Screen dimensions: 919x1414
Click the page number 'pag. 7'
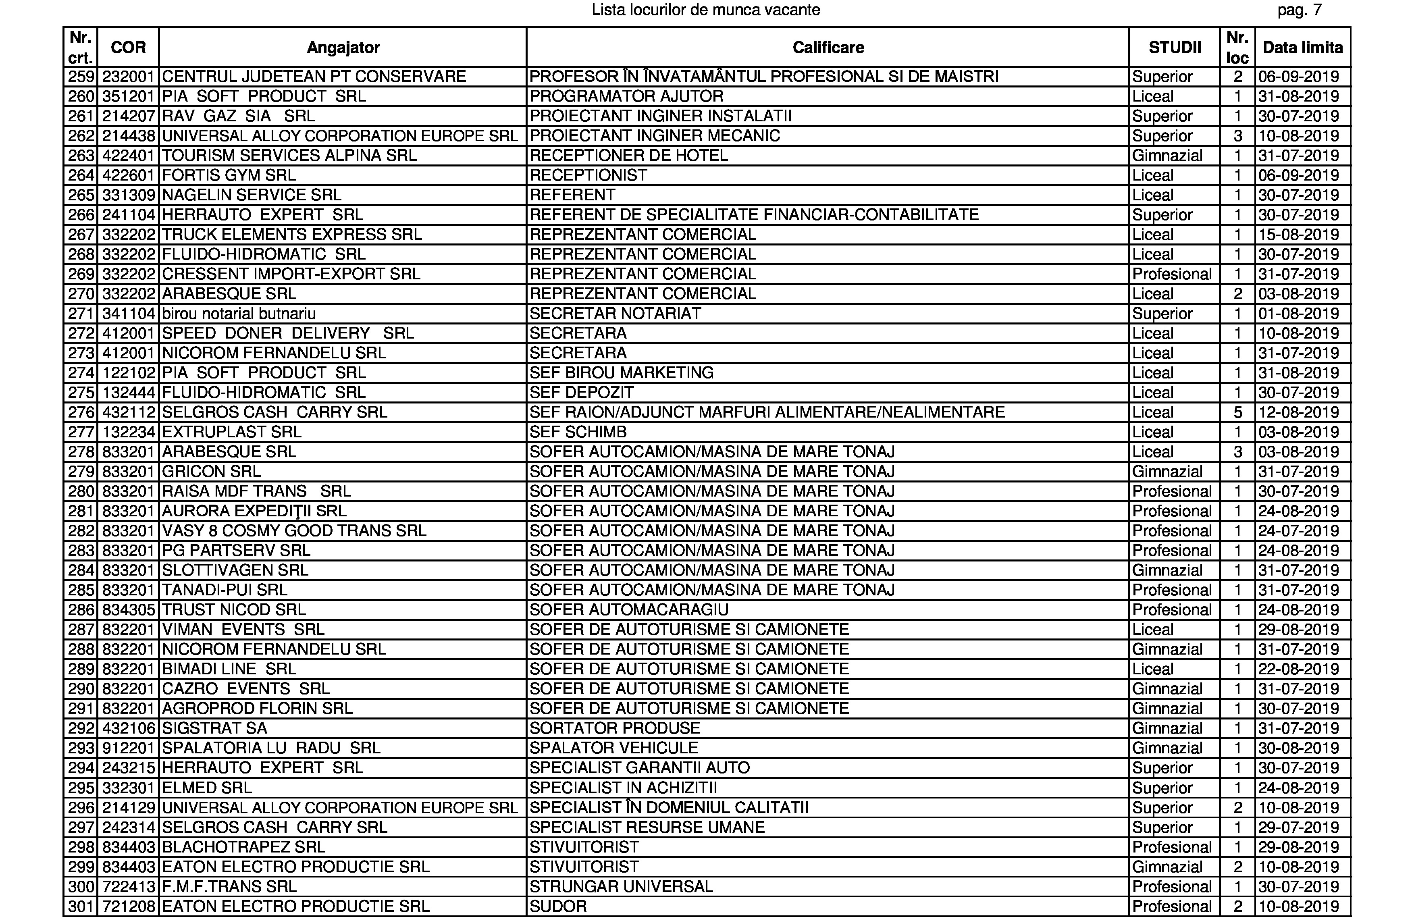pos(1300,10)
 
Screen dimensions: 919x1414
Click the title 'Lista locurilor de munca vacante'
pos(706,10)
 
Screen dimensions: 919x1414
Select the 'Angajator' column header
pos(343,48)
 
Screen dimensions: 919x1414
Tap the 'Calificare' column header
pos(828,48)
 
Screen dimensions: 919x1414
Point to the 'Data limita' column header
pos(1302,48)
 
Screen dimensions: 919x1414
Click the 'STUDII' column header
pos(1175,48)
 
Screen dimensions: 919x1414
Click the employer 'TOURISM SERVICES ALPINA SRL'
pos(289,156)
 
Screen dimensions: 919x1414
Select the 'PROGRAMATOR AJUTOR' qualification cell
pos(626,96)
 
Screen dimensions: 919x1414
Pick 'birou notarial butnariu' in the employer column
pos(239,314)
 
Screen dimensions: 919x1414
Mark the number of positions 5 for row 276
pos(1237,412)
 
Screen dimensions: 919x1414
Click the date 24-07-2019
pos(1298,530)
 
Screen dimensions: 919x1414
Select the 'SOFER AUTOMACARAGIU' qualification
pos(628,609)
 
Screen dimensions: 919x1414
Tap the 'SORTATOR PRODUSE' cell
pos(615,728)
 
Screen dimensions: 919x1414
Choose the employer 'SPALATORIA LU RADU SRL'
pos(271,748)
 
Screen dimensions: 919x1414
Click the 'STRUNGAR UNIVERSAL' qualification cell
pos(621,886)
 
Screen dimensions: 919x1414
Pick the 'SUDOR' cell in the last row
pos(558,907)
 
